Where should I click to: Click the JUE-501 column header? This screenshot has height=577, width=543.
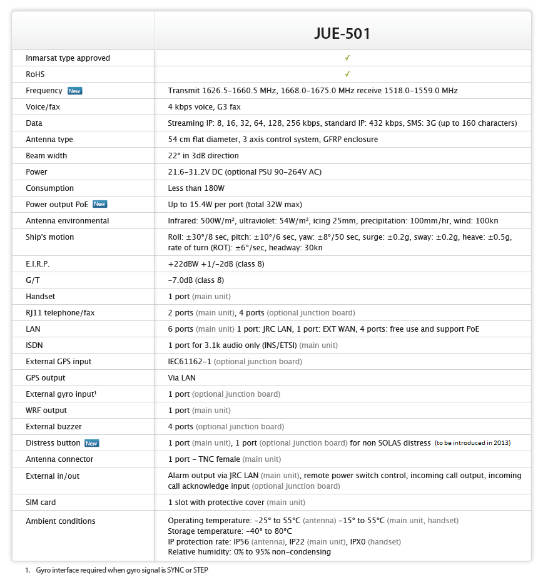(342, 33)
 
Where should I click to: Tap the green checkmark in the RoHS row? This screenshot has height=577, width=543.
(347, 74)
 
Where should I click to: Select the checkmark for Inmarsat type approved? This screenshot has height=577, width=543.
(347, 58)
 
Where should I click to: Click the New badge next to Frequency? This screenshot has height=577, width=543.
(75, 91)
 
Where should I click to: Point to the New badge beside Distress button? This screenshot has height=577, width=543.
(92, 443)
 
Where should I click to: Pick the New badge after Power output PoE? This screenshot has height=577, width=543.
(100, 204)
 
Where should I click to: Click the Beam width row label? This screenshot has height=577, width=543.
(46, 156)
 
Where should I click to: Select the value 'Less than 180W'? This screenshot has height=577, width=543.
(196, 188)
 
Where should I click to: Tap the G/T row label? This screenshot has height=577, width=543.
(33, 280)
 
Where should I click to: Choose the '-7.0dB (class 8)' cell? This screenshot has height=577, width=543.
(196, 280)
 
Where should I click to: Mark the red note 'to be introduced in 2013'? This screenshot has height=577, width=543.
(473, 443)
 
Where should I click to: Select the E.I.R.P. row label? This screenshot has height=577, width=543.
(38, 264)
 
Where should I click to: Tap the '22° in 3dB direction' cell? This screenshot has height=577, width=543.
(203, 156)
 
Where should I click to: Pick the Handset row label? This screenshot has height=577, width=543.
(41, 297)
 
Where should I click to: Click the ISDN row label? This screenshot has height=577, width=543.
(34, 345)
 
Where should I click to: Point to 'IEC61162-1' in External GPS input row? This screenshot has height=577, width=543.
(190, 362)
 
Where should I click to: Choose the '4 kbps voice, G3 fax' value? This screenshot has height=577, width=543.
(204, 107)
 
